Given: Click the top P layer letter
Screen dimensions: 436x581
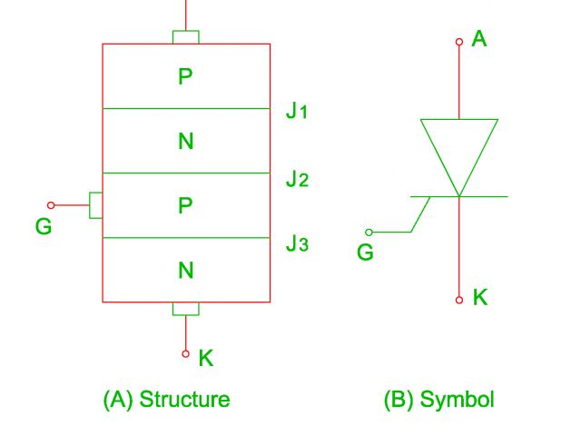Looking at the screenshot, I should tap(185, 77).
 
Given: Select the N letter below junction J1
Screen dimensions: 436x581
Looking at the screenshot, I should tap(185, 142).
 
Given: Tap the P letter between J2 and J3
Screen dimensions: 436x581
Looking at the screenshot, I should tap(185, 206).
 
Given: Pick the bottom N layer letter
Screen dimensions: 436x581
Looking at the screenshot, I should tap(185, 270).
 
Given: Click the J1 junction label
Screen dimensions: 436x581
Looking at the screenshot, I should tap(298, 114).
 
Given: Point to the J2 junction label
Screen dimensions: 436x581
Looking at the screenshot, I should tap(298, 179).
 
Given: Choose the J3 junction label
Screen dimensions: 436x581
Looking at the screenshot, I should tap(298, 243).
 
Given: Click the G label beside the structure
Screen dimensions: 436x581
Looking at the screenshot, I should tap(44, 227).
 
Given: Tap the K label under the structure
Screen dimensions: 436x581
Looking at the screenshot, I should tap(206, 358).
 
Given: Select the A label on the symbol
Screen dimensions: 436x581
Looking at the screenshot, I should tap(479, 40).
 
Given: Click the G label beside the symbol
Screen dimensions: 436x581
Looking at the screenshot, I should tap(365, 253).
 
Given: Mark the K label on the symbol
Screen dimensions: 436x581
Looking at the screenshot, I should tap(479, 297).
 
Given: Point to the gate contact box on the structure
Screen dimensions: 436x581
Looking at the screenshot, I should tap(95, 205).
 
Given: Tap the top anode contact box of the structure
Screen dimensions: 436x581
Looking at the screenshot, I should tap(185, 37).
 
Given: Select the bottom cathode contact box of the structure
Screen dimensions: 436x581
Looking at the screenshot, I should tap(185, 309).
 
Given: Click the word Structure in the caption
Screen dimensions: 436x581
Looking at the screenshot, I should tap(184, 400).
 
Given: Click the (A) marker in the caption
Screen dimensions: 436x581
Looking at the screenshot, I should tap(119, 400).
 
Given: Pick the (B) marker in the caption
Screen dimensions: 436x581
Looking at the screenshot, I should tap(400, 400).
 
